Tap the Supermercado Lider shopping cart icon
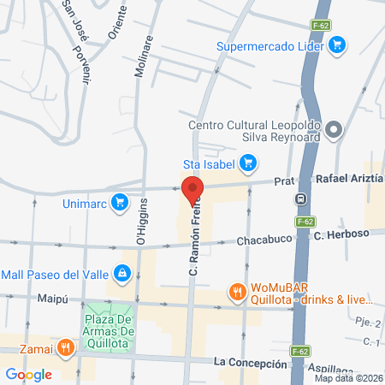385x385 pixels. click(338, 44)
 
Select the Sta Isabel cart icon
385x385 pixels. click(248, 161)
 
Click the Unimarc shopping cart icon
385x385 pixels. click(121, 204)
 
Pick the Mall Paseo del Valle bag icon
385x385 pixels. click(123, 274)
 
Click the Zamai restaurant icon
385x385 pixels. click(66, 347)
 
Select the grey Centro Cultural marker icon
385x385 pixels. click(335, 131)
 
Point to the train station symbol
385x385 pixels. click(302, 199)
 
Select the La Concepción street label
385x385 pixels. click(251, 364)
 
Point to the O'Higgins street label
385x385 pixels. click(142, 222)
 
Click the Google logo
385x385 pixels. click(28, 374)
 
